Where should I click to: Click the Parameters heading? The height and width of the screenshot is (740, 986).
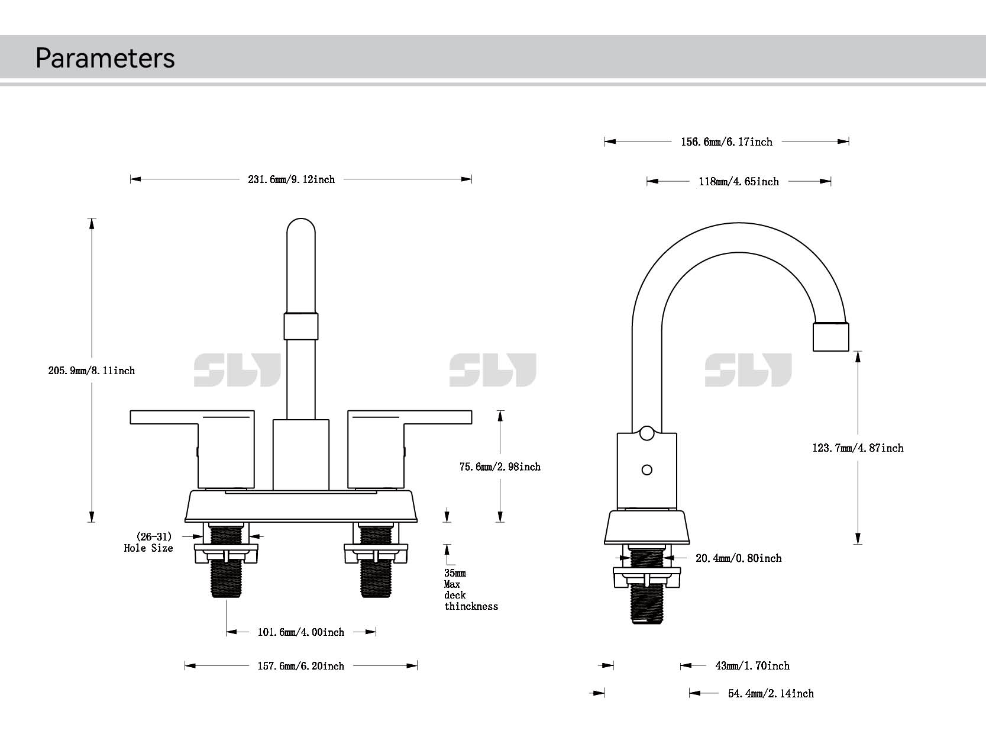105,58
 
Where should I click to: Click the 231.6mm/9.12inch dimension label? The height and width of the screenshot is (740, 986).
291,179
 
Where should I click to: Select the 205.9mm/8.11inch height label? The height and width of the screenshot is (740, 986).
92,371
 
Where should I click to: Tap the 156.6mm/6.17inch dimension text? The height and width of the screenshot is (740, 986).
726,142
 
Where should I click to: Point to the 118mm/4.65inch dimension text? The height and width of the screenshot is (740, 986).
739,182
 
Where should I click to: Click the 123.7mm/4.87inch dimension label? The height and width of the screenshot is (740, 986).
858,448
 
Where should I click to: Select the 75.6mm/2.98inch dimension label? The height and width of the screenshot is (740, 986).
500,467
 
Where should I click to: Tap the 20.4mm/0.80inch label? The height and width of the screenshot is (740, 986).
738,558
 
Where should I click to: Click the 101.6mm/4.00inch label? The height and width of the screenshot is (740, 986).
300,632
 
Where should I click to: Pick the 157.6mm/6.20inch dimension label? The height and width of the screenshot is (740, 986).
300,666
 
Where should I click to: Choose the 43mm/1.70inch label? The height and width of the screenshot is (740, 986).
752,666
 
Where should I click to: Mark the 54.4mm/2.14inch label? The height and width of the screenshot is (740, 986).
771,694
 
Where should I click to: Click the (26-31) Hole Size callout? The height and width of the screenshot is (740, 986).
149,542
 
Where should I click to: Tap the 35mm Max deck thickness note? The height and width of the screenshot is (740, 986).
470,590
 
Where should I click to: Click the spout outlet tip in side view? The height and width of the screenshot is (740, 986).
831,337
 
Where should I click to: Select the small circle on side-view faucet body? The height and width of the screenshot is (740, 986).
647,470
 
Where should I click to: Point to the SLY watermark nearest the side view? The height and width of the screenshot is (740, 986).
748,370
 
